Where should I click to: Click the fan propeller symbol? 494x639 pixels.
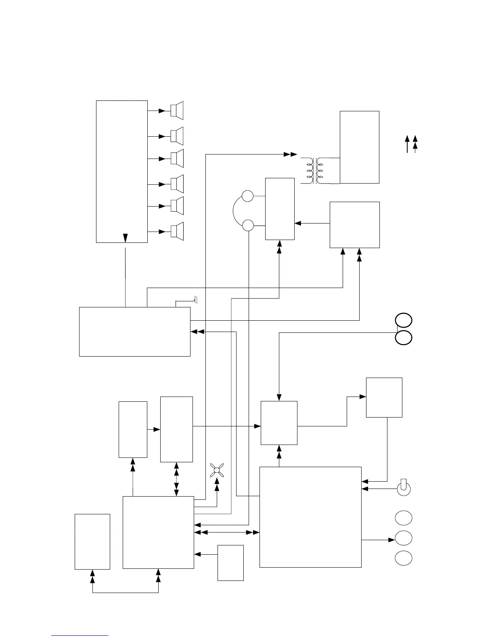coord(217,470)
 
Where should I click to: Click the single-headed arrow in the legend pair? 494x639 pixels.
coord(407,144)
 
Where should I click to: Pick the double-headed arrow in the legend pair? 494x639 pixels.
coord(415,144)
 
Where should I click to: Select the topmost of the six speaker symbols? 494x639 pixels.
coord(177,111)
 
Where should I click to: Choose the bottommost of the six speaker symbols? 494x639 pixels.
coord(177,232)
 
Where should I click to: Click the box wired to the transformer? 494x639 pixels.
coord(359,147)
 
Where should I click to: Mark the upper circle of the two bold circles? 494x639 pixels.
coord(404,320)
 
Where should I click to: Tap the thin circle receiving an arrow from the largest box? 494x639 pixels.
coord(404,538)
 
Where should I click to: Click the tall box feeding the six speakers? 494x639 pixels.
coord(121,171)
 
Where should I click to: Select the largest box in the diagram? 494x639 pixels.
coord(310,517)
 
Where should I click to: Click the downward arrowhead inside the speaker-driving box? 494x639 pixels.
coord(125,238)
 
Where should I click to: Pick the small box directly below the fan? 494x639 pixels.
coord(230,563)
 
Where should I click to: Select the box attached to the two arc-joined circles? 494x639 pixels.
coord(279,209)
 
